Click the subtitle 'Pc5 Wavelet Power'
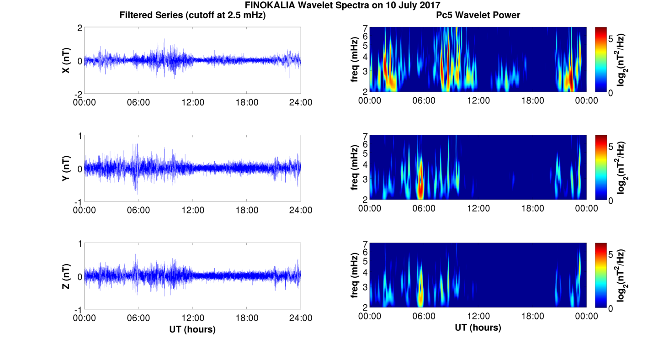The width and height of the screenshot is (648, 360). pyautogui.click(x=478, y=16)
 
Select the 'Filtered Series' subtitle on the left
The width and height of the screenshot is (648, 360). pyautogui.click(x=192, y=16)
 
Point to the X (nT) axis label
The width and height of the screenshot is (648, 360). pyautogui.click(x=66, y=60)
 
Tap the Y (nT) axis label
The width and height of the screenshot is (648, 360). pyautogui.click(x=66, y=168)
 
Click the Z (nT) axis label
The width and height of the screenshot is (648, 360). pyautogui.click(x=66, y=276)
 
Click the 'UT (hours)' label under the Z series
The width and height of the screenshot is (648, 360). pyautogui.click(x=192, y=329)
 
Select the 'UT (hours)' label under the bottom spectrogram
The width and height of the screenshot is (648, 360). pyautogui.click(x=478, y=328)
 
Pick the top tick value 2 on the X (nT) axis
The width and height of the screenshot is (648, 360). pyautogui.click(x=80, y=28)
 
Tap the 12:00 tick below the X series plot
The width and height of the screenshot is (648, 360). pyautogui.click(x=193, y=102)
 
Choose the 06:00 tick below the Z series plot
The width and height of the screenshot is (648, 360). pyautogui.click(x=138, y=318)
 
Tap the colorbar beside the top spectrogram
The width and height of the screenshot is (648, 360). pyautogui.click(x=601, y=59)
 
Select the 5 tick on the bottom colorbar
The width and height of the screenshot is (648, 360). pyautogui.click(x=611, y=254)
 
